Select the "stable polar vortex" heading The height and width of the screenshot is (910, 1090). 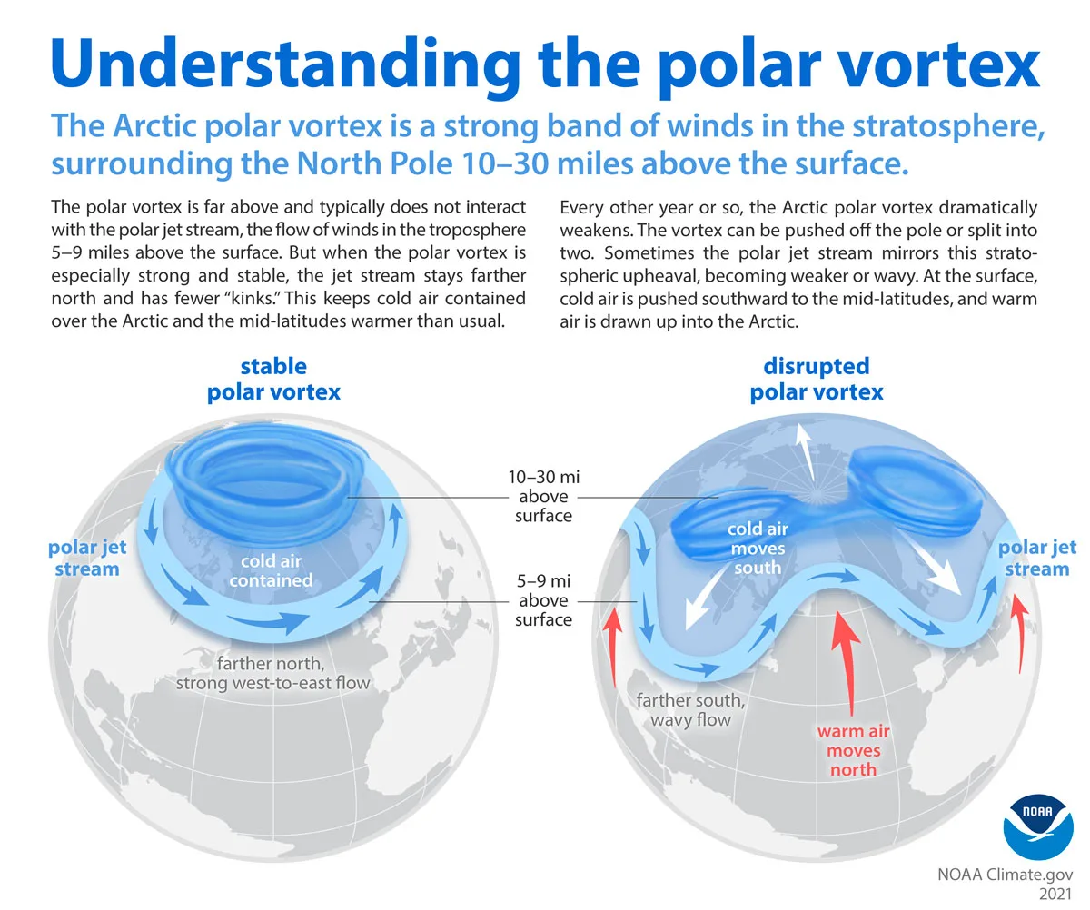273,379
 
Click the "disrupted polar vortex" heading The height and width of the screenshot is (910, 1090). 816,379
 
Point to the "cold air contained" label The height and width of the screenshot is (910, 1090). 271,570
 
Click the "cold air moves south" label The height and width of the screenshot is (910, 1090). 757,548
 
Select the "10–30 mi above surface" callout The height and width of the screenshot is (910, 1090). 544,497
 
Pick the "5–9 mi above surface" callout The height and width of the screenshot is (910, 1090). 544,599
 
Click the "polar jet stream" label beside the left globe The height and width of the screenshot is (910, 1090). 86,558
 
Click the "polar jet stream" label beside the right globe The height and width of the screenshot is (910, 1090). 1036,558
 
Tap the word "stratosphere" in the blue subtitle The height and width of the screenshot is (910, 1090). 938,126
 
